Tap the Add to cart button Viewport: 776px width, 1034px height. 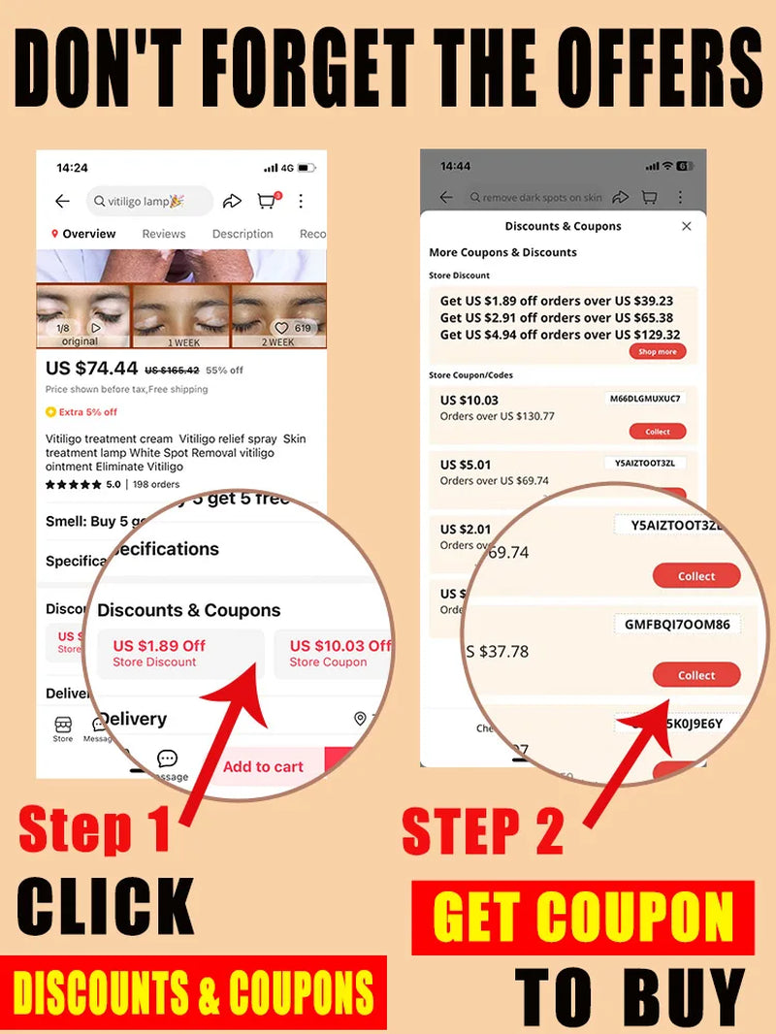pyautogui.click(x=263, y=766)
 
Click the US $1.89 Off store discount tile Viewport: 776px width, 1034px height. pyautogui.click(x=180, y=653)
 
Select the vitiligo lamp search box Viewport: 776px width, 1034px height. pyautogui.click(x=149, y=201)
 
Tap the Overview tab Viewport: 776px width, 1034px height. pyautogui.click(x=88, y=234)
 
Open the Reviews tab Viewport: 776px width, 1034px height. pyautogui.click(x=164, y=234)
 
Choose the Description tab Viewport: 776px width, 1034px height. pyautogui.click(x=242, y=234)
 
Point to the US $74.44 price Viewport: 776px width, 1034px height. pyautogui.click(x=92, y=369)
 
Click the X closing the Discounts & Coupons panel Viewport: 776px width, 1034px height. pyautogui.click(x=687, y=226)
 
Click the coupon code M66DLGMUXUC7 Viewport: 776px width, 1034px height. pyautogui.click(x=645, y=399)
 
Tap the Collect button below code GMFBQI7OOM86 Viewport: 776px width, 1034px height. pyautogui.click(x=695, y=675)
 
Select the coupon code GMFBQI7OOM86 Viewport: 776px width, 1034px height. pyautogui.click(x=677, y=625)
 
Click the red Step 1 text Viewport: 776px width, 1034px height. pyautogui.click(x=94, y=830)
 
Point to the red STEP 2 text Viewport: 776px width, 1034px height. pyautogui.click(x=482, y=830)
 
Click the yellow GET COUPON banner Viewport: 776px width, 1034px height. pyautogui.click(x=583, y=917)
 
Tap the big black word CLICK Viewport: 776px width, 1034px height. pyautogui.click(x=105, y=907)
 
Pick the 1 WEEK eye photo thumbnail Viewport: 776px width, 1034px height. pyautogui.click(x=182, y=315)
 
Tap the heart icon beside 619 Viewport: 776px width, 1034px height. pyautogui.click(x=283, y=328)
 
